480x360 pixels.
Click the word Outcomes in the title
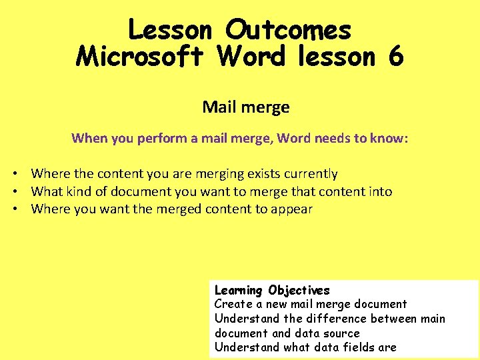click(288, 30)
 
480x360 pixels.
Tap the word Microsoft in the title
click(139, 57)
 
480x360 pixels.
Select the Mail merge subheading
click(246, 107)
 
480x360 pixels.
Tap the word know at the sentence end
click(389, 139)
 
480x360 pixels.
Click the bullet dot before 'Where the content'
click(13, 174)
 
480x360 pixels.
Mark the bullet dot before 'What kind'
click(13, 192)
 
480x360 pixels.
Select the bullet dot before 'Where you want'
click(13, 209)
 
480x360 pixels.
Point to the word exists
click(259, 174)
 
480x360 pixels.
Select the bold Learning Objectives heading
click(272, 290)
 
